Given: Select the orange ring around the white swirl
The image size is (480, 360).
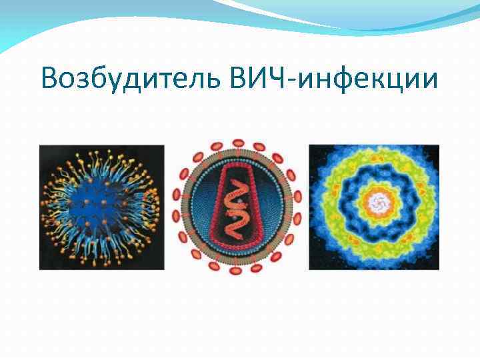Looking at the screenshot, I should click(x=375, y=187).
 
